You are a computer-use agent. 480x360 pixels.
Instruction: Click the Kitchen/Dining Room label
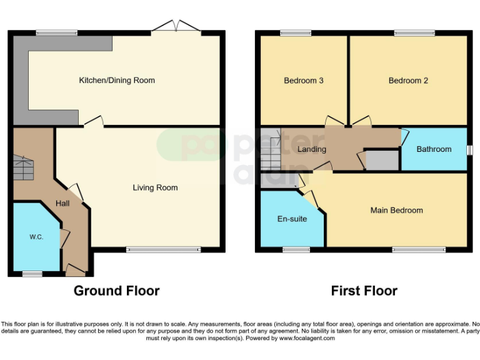click(117, 80)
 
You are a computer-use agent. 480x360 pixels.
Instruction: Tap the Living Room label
click(155, 187)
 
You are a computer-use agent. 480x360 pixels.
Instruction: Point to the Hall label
click(62, 204)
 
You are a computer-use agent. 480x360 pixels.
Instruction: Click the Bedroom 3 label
click(304, 81)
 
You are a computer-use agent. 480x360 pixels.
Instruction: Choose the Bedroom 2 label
click(408, 81)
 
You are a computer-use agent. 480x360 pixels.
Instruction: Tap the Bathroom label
click(434, 149)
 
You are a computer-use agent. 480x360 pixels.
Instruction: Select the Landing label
click(312, 149)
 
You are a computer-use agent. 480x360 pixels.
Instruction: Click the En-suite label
click(292, 219)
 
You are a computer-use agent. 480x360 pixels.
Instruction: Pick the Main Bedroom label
click(396, 211)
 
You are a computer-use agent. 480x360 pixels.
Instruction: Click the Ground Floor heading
click(116, 291)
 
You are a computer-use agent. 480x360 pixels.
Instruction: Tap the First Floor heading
click(364, 291)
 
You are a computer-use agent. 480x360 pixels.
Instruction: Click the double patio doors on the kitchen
click(177, 27)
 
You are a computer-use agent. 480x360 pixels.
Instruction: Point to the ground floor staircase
click(23, 167)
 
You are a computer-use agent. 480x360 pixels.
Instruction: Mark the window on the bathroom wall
click(469, 149)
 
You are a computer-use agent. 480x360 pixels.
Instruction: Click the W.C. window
click(32, 274)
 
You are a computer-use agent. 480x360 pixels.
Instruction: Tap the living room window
click(163, 250)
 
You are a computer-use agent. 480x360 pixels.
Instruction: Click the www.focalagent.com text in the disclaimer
click(307, 338)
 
